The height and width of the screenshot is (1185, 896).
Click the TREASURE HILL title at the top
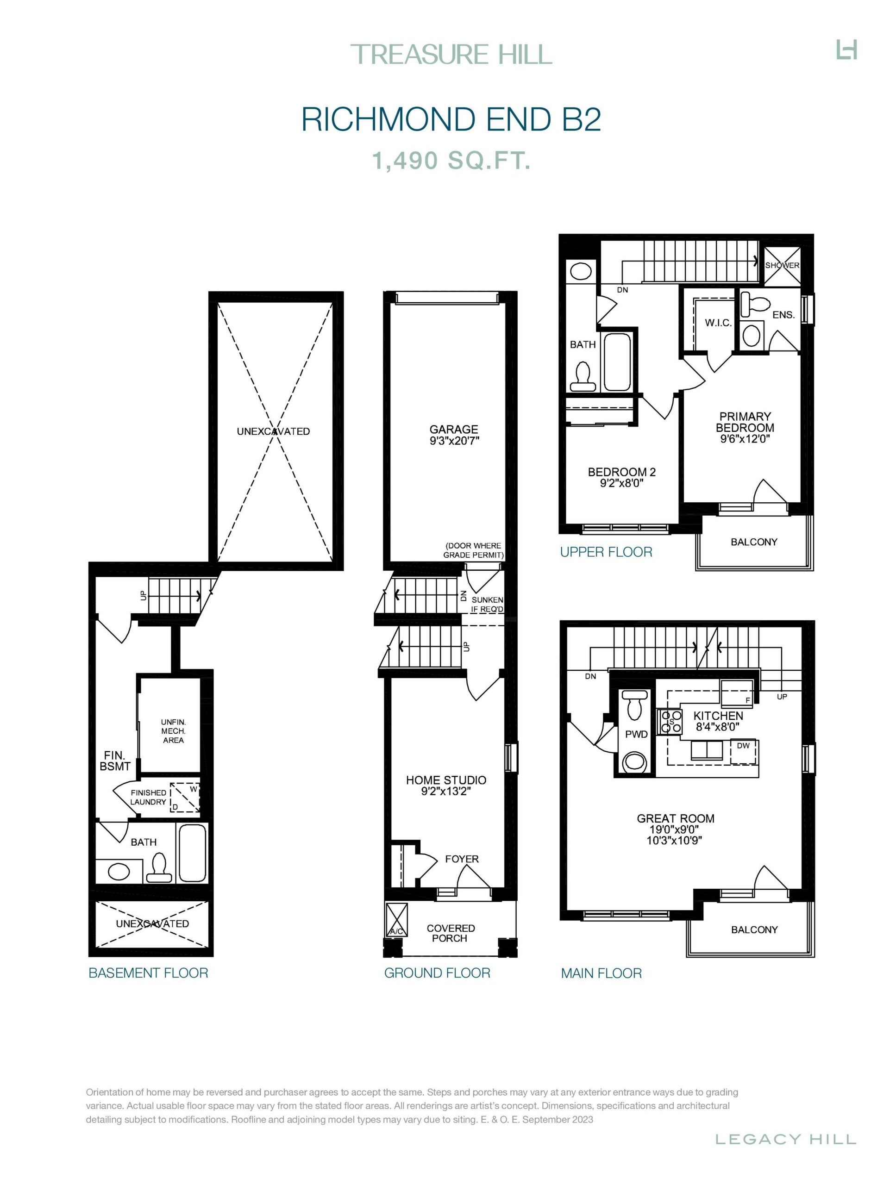pos(451,55)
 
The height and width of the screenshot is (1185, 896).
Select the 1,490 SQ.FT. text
pos(451,161)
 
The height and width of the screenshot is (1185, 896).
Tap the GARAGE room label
pos(453,429)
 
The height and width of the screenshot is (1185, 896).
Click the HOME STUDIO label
pos(446,780)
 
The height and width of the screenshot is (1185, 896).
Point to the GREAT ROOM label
pos(675,818)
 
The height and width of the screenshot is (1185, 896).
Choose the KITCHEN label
pos(718,716)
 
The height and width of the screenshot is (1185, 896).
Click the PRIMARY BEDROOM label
pos(745,422)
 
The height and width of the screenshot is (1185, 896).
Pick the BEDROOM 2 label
pos(621,472)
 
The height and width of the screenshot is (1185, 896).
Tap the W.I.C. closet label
pos(718,323)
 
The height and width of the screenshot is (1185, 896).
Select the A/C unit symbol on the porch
pos(396,919)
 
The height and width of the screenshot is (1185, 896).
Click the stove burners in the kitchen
pos(670,721)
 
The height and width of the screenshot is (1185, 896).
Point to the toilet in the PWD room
pos(634,705)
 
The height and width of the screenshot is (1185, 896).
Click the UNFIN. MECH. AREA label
pos(173,731)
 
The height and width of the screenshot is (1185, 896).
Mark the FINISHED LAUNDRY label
pos(149,797)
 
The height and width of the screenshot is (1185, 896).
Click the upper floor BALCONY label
pos(753,542)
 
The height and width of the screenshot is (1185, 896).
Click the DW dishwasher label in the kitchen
pos(743,745)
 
